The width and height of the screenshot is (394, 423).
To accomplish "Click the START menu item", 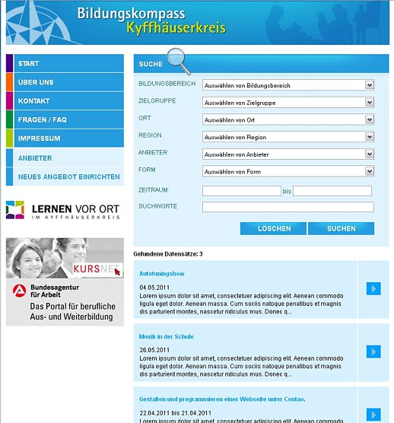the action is [x=29, y=63].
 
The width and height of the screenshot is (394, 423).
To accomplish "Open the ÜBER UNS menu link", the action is [x=36, y=82].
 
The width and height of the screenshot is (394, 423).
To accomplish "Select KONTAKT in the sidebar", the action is [x=34, y=101].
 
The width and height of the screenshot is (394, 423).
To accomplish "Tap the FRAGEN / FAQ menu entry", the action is [x=43, y=120].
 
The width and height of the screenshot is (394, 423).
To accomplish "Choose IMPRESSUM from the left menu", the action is [x=40, y=138].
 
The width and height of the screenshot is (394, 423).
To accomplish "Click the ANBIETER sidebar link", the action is [x=35, y=157].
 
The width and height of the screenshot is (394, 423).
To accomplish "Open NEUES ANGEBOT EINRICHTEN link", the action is [x=68, y=177].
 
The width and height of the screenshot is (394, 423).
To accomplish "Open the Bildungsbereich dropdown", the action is [x=288, y=85].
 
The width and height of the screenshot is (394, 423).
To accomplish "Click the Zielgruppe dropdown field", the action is [x=288, y=103].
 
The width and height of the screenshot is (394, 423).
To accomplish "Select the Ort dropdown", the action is [x=288, y=119].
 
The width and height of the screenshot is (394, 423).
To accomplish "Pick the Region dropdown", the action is [x=288, y=137].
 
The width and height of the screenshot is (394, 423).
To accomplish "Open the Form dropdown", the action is [x=288, y=171].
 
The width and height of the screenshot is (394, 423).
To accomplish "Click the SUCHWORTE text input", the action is [x=288, y=207].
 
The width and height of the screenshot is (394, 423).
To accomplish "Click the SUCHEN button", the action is [x=341, y=228].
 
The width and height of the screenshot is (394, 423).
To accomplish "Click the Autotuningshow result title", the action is [x=162, y=272].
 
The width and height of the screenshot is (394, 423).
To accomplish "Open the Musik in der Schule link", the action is [x=166, y=336].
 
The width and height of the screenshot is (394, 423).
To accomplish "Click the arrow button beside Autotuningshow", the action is [x=373, y=288].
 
